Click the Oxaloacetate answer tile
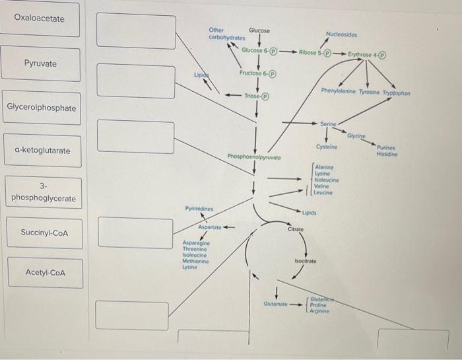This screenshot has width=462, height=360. [x=40, y=18]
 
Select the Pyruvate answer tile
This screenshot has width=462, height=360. [x=40, y=63]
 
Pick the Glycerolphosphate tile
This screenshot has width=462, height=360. [x=42, y=108]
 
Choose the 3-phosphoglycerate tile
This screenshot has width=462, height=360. [x=43, y=192]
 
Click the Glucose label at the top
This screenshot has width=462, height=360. [x=259, y=30]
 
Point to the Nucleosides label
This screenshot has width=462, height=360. [x=342, y=34]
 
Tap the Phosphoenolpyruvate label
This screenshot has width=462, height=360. [x=254, y=157]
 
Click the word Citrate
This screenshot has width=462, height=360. [x=296, y=229]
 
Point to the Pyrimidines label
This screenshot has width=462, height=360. [x=199, y=208]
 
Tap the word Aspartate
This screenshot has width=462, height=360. [x=211, y=227]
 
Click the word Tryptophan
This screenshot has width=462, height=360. [x=394, y=94]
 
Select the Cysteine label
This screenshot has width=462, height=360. [x=327, y=146]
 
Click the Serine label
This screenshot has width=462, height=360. [x=328, y=124]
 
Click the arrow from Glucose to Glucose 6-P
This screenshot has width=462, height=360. [x=258, y=41]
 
